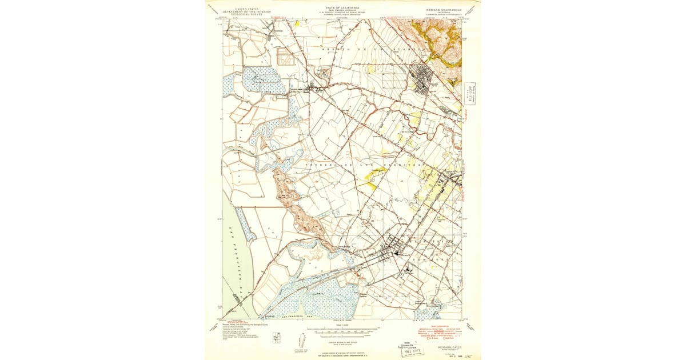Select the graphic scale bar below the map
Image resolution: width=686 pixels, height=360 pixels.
pyautogui.click(x=342, y=331)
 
